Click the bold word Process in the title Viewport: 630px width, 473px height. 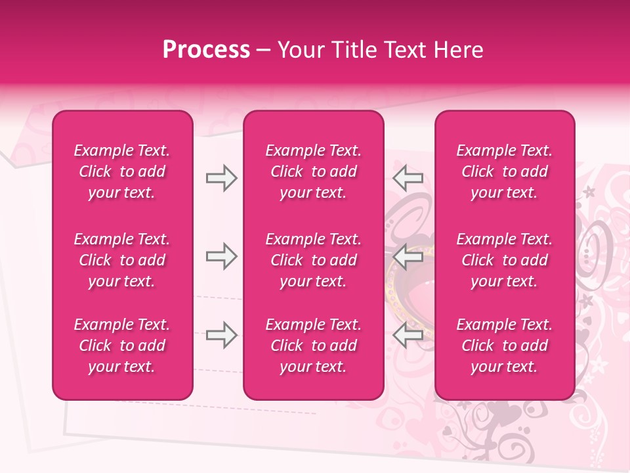point(206,50)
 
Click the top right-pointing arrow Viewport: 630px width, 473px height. point(221,178)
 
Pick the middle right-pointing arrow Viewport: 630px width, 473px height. point(221,256)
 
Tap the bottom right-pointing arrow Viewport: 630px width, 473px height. point(221,335)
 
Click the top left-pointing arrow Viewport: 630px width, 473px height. point(408,178)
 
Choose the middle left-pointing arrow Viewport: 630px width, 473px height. point(408,256)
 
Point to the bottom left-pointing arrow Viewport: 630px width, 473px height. point(408,335)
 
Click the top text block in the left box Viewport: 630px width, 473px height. point(122,171)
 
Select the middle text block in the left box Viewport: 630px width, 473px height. point(122,260)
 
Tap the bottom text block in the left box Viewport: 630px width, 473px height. point(122,346)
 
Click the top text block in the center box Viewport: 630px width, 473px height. point(314,171)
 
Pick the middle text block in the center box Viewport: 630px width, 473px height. point(314,260)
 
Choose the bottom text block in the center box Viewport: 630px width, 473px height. point(314,346)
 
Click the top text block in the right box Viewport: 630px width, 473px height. point(505,171)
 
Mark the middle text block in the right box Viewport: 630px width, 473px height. point(505,260)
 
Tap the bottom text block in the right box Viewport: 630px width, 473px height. point(505,346)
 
